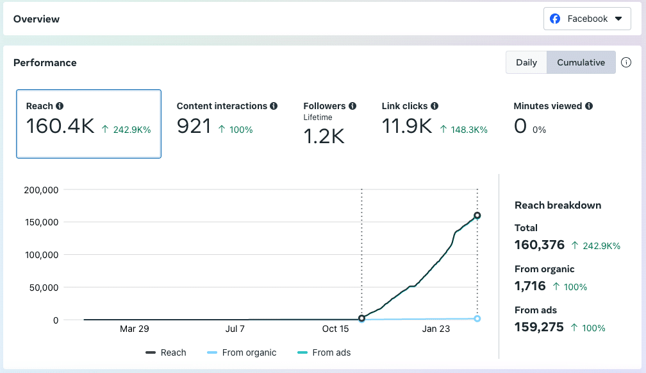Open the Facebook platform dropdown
587,19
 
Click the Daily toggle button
526,62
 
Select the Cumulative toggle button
581,62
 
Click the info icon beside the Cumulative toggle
626,62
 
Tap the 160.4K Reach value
60,126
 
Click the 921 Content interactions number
194,126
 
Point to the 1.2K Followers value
324,135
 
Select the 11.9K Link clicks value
406,126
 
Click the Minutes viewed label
547,106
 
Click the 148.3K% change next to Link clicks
465,130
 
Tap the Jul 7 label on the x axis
235,329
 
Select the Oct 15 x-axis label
335,329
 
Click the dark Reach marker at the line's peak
477,216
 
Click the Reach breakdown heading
558,205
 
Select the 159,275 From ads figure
539,327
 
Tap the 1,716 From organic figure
530,286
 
